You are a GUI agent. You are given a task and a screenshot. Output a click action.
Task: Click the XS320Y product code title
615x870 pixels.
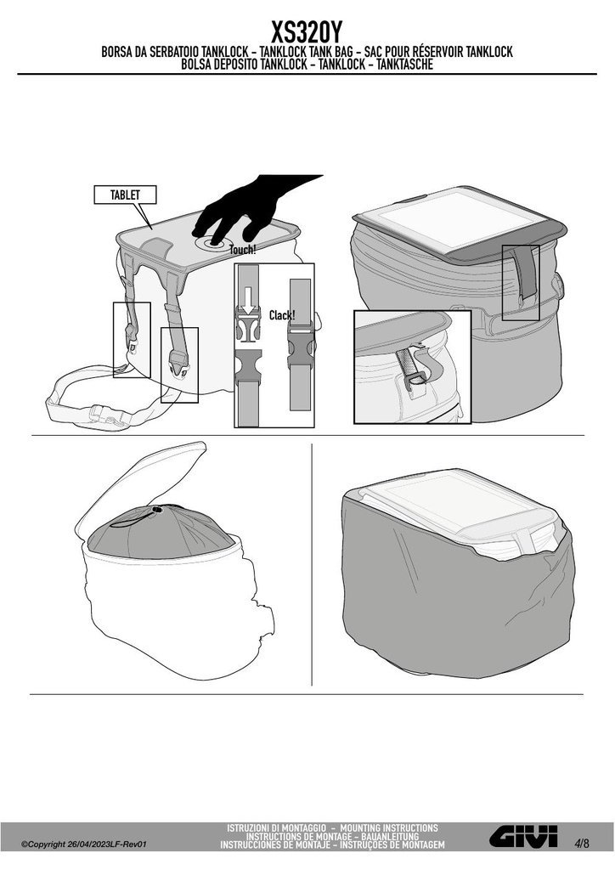click(307, 33)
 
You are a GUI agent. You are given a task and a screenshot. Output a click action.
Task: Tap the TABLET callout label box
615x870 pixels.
click(126, 195)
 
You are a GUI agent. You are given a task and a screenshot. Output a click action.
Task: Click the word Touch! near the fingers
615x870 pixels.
click(243, 250)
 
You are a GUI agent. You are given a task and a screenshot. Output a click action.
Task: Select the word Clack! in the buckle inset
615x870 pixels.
click(282, 315)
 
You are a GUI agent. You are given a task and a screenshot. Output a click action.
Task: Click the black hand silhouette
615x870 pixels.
click(252, 208)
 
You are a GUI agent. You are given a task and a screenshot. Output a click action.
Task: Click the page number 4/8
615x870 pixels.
click(582, 844)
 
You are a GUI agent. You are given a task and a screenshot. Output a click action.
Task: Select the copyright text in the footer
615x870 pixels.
click(83, 845)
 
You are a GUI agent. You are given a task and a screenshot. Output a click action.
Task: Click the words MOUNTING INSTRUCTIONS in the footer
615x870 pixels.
click(389, 828)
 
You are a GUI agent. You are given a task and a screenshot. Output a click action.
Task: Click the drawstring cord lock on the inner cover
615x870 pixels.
click(157, 509)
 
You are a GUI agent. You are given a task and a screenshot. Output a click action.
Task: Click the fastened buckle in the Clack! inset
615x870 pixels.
click(301, 348)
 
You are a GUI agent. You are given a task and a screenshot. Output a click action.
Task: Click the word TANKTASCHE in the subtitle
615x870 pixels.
click(405, 65)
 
